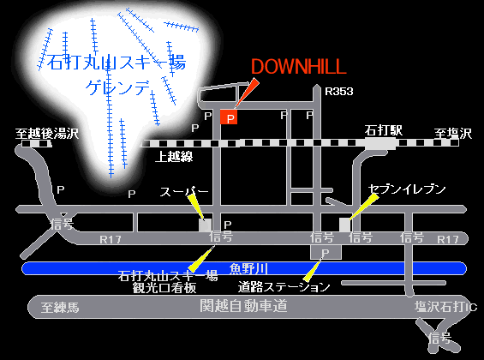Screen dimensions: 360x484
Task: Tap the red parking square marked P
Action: pos(229,116)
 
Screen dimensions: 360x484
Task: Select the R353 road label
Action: pos(340,91)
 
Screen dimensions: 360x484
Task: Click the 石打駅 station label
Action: pos(383,131)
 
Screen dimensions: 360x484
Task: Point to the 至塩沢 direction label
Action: pos(452,134)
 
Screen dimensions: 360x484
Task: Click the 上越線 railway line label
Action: pos(174,159)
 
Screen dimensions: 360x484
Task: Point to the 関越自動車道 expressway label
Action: pos(242,305)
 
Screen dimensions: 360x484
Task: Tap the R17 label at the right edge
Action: pos(448,239)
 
